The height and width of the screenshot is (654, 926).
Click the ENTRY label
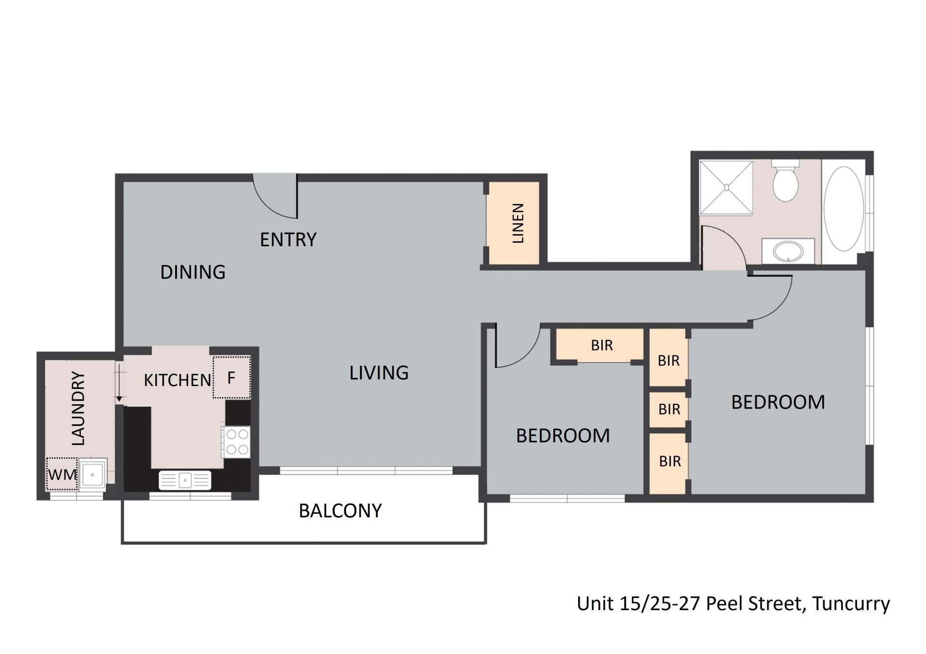click(x=288, y=240)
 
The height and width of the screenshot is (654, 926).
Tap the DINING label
click(x=193, y=272)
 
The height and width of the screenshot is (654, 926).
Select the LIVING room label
click(x=379, y=373)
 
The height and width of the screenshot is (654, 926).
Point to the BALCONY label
click(x=340, y=511)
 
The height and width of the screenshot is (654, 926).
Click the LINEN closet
click(x=513, y=223)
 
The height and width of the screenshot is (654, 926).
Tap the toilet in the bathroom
click(x=786, y=182)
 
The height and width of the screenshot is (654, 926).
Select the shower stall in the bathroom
click(x=726, y=187)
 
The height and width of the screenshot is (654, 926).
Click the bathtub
click(x=844, y=209)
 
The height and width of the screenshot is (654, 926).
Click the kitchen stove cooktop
click(x=236, y=442)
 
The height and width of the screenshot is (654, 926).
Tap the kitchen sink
click(x=185, y=480)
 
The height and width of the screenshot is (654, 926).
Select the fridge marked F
click(x=232, y=377)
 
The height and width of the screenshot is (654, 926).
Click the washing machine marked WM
click(x=62, y=474)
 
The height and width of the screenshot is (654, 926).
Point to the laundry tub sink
click(x=92, y=475)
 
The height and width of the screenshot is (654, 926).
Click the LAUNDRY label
click(x=78, y=408)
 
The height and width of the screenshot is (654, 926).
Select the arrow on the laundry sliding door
click(x=119, y=383)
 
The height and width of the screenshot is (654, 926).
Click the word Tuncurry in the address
click(x=851, y=604)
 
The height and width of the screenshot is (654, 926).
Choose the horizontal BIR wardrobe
click(x=600, y=346)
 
